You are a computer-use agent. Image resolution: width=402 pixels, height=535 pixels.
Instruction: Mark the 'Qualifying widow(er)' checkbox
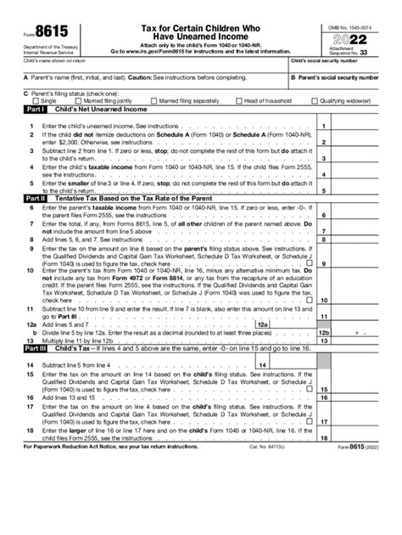tap(315, 99)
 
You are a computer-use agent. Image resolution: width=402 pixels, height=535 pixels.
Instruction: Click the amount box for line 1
tap(367, 126)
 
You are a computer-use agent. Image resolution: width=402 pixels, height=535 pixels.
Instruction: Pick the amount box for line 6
tap(367, 216)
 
